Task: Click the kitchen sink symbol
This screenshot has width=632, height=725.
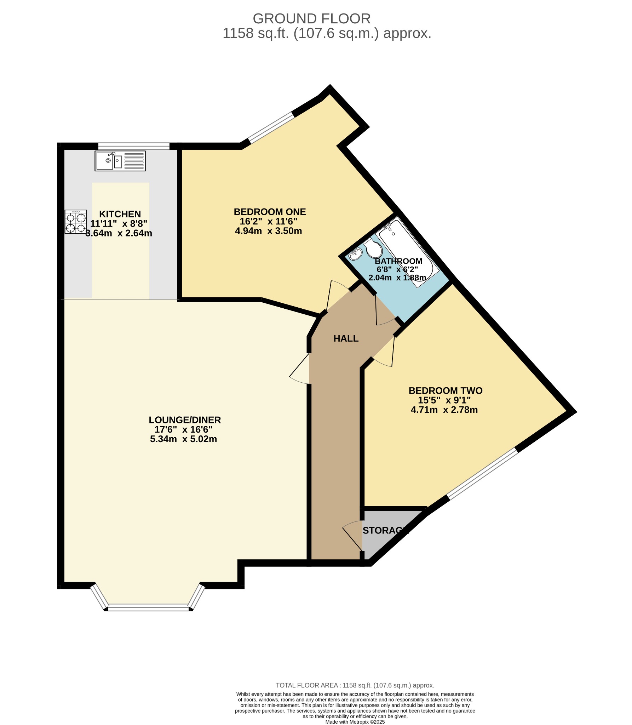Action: (120, 161)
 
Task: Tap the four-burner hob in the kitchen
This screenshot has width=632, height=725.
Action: (76, 222)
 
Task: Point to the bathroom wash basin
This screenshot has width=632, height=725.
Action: (356, 254)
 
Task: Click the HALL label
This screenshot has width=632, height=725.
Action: (346, 339)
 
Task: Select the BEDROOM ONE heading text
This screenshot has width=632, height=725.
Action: (270, 212)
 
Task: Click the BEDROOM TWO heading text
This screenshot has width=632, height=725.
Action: (446, 391)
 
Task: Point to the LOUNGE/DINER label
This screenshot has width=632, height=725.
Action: (185, 420)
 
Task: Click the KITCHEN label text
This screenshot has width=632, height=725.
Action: (120, 214)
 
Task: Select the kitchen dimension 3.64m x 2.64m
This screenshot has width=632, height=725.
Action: (119, 233)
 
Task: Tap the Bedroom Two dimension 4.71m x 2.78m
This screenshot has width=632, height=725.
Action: (444, 410)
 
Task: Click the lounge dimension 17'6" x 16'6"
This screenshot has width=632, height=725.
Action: (184, 429)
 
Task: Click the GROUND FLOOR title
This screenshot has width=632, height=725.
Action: (311, 18)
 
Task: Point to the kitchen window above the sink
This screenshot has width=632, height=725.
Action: (134, 146)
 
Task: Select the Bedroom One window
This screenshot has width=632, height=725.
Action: (271, 127)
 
